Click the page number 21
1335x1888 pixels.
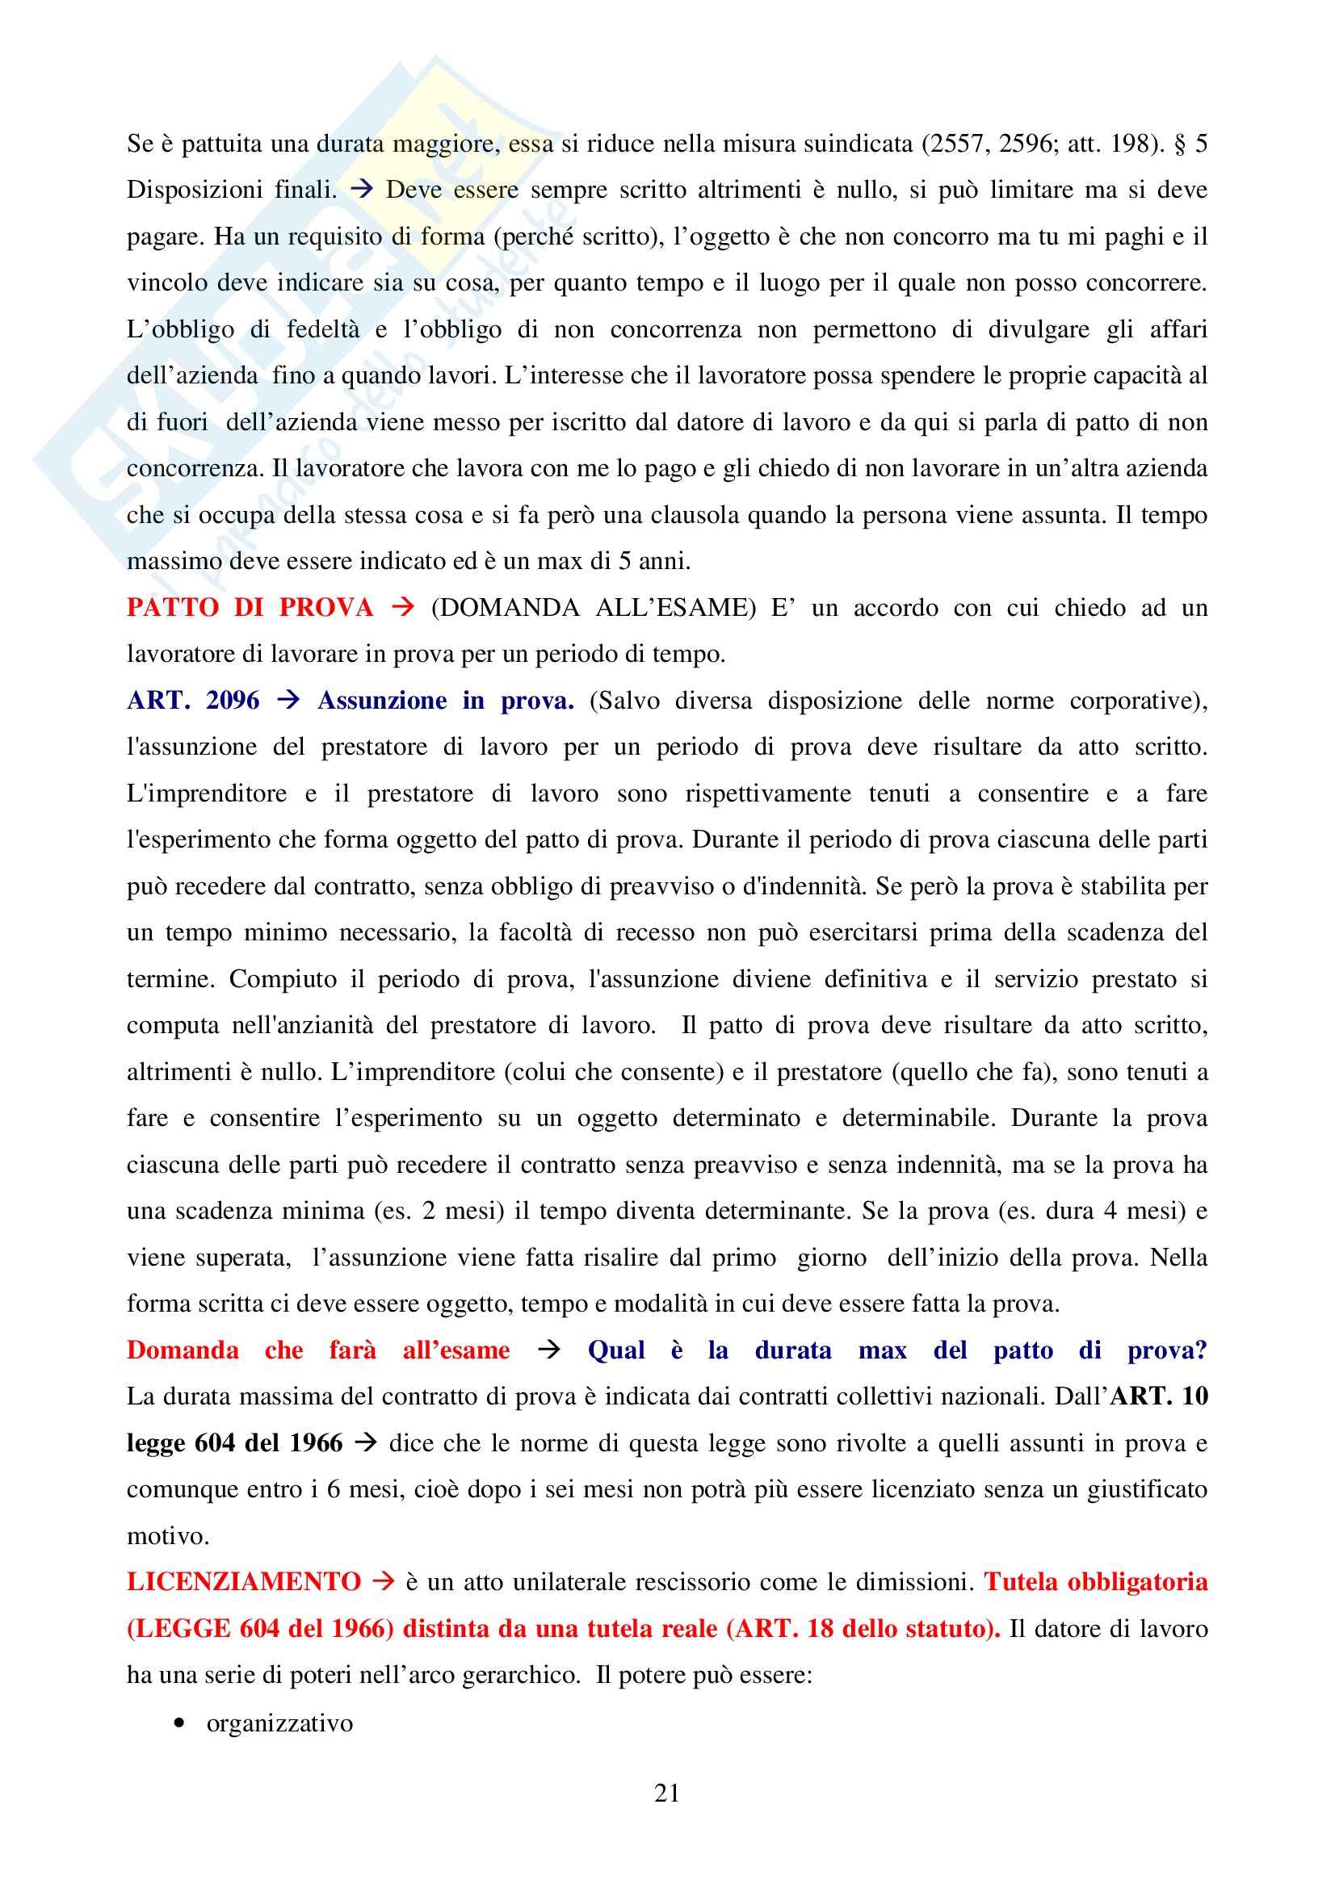click(x=666, y=1793)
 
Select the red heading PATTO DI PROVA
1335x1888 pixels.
click(x=250, y=608)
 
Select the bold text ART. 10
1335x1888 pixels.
click(x=1159, y=1396)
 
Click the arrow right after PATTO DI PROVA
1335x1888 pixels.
click(x=403, y=608)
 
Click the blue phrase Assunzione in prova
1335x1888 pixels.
click(x=446, y=701)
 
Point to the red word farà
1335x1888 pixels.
click(x=352, y=1350)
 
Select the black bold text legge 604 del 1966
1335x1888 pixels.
click(x=234, y=1443)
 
